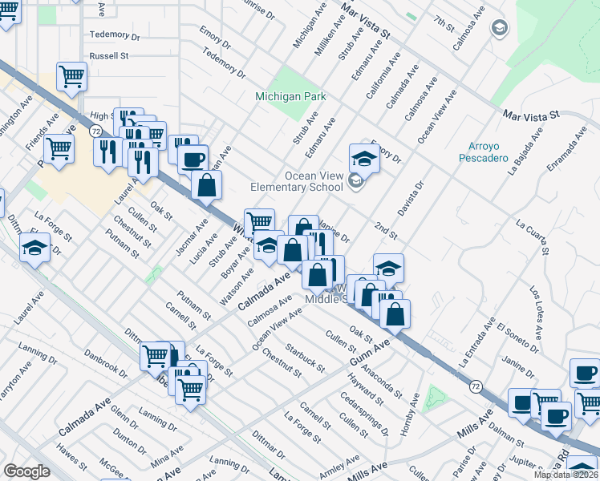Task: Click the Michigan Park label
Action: pos(290,96)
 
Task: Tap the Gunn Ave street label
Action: pos(369,354)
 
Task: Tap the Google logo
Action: pos(26,471)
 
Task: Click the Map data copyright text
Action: pos(566,475)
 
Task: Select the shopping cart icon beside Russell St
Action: pos(71,77)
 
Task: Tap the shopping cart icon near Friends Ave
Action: pos(59,148)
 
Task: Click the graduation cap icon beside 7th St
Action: pos(500,30)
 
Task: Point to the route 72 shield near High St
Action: pos(95,131)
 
